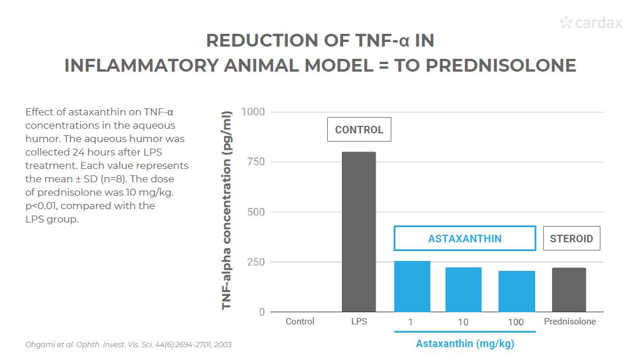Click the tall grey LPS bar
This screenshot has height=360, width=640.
pos(359,232)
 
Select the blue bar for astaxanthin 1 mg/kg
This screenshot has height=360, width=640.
pos(412,287)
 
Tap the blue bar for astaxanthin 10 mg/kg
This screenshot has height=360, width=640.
pos(464,290)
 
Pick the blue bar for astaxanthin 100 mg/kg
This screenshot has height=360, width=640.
pos(517,291)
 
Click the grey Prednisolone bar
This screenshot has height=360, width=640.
pos(569,290)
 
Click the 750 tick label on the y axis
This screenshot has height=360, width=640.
pos(256,161)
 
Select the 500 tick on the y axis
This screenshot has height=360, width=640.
pos(256,212)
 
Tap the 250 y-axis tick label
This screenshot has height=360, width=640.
pos(256,262)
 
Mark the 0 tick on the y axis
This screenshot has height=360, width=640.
pos(261,312)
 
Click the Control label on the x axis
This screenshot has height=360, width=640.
pos(300,322)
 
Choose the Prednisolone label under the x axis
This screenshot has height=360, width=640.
pos(570,322)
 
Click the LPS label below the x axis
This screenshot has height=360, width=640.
pos(359,322)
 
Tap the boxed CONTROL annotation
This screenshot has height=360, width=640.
pos(359,130)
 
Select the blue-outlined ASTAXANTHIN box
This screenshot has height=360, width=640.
pos(465,238)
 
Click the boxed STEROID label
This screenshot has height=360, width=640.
pos(571,238)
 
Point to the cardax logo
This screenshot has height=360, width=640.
pos(591,23)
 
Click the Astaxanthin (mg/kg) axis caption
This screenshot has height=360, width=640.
pos(465,344)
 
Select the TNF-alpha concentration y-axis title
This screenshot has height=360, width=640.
pos(227,210)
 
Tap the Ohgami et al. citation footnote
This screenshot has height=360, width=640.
pos(128,344)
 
